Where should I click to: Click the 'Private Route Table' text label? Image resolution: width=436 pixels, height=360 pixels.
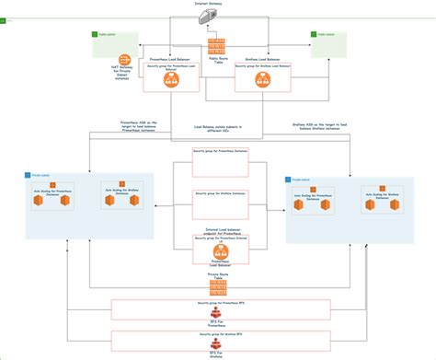(218, 275)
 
